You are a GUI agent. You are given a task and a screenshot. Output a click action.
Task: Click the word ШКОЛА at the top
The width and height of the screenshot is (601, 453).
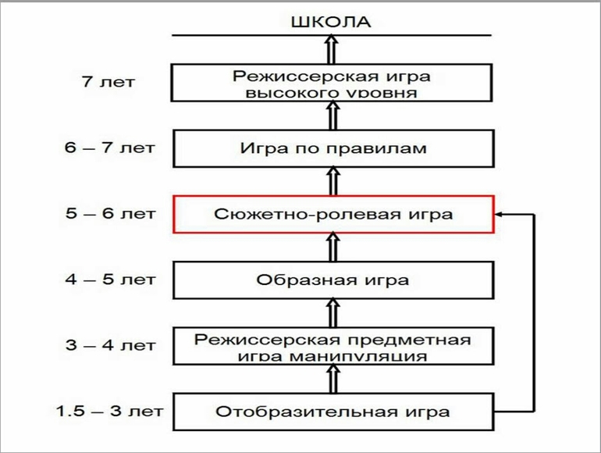(331, 21)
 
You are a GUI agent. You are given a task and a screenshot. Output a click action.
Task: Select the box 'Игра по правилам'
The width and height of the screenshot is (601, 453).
(333, 148)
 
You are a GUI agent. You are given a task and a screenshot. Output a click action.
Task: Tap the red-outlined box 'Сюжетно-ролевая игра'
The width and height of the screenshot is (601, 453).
(333, 213)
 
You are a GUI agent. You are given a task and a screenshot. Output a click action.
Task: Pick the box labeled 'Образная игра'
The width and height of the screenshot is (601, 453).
(333, 279)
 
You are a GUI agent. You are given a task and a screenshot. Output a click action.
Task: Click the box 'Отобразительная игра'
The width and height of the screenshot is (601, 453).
(333, 411)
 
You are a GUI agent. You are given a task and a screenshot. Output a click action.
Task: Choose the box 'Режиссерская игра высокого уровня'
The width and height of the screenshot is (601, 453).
(333, 84)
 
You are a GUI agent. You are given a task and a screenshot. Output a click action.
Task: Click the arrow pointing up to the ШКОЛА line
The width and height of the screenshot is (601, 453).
(333, 50)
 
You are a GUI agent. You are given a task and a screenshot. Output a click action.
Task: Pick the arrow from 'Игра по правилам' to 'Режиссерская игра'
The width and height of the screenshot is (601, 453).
(333, 116)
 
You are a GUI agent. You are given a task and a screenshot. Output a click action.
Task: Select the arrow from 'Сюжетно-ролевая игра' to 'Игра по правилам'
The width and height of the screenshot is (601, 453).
(333, 181)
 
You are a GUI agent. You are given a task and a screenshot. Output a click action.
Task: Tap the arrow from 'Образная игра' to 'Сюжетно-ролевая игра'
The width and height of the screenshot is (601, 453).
(333, 247)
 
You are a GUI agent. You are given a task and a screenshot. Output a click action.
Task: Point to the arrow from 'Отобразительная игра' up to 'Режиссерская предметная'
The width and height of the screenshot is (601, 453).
(333, 380)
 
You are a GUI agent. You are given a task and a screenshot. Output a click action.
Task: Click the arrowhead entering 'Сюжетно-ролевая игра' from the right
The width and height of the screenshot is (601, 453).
(503, 213)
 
